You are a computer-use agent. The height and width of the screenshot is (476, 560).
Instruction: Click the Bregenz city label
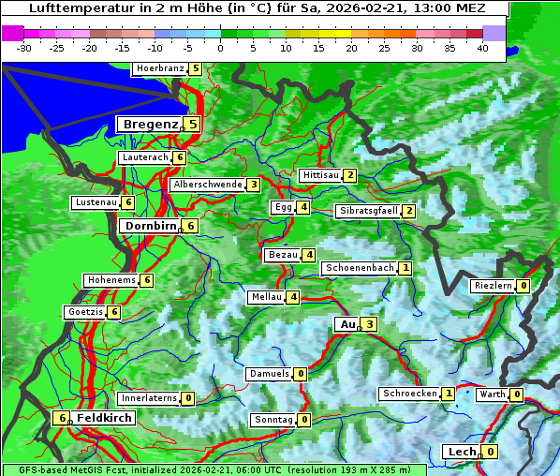149,124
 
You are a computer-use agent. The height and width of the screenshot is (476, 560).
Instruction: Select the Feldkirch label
103,418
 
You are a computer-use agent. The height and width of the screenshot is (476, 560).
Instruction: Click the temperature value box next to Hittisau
350,175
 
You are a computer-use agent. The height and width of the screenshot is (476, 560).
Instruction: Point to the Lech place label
462,452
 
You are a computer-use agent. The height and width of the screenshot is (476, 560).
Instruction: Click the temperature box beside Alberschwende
253,185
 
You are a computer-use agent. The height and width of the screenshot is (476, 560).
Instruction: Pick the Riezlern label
493,286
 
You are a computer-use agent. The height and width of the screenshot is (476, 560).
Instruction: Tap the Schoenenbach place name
359,268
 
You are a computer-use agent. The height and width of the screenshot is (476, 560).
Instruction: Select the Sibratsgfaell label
368,211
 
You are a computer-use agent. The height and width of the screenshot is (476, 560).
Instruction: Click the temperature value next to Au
370,324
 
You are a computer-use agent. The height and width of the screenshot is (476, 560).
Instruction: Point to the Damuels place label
269,374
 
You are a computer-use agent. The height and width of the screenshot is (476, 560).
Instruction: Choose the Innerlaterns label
149,398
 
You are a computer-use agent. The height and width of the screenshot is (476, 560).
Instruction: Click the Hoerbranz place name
158,68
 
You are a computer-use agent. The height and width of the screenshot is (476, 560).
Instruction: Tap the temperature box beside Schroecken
449,394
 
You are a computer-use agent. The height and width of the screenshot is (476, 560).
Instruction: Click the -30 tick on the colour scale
24,48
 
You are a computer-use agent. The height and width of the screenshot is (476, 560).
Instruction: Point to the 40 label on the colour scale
482,48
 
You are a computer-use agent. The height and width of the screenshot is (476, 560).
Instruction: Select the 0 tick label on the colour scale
221,48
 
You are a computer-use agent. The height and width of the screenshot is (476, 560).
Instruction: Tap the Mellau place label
265,297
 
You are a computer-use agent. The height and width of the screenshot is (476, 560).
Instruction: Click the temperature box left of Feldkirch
62,418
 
